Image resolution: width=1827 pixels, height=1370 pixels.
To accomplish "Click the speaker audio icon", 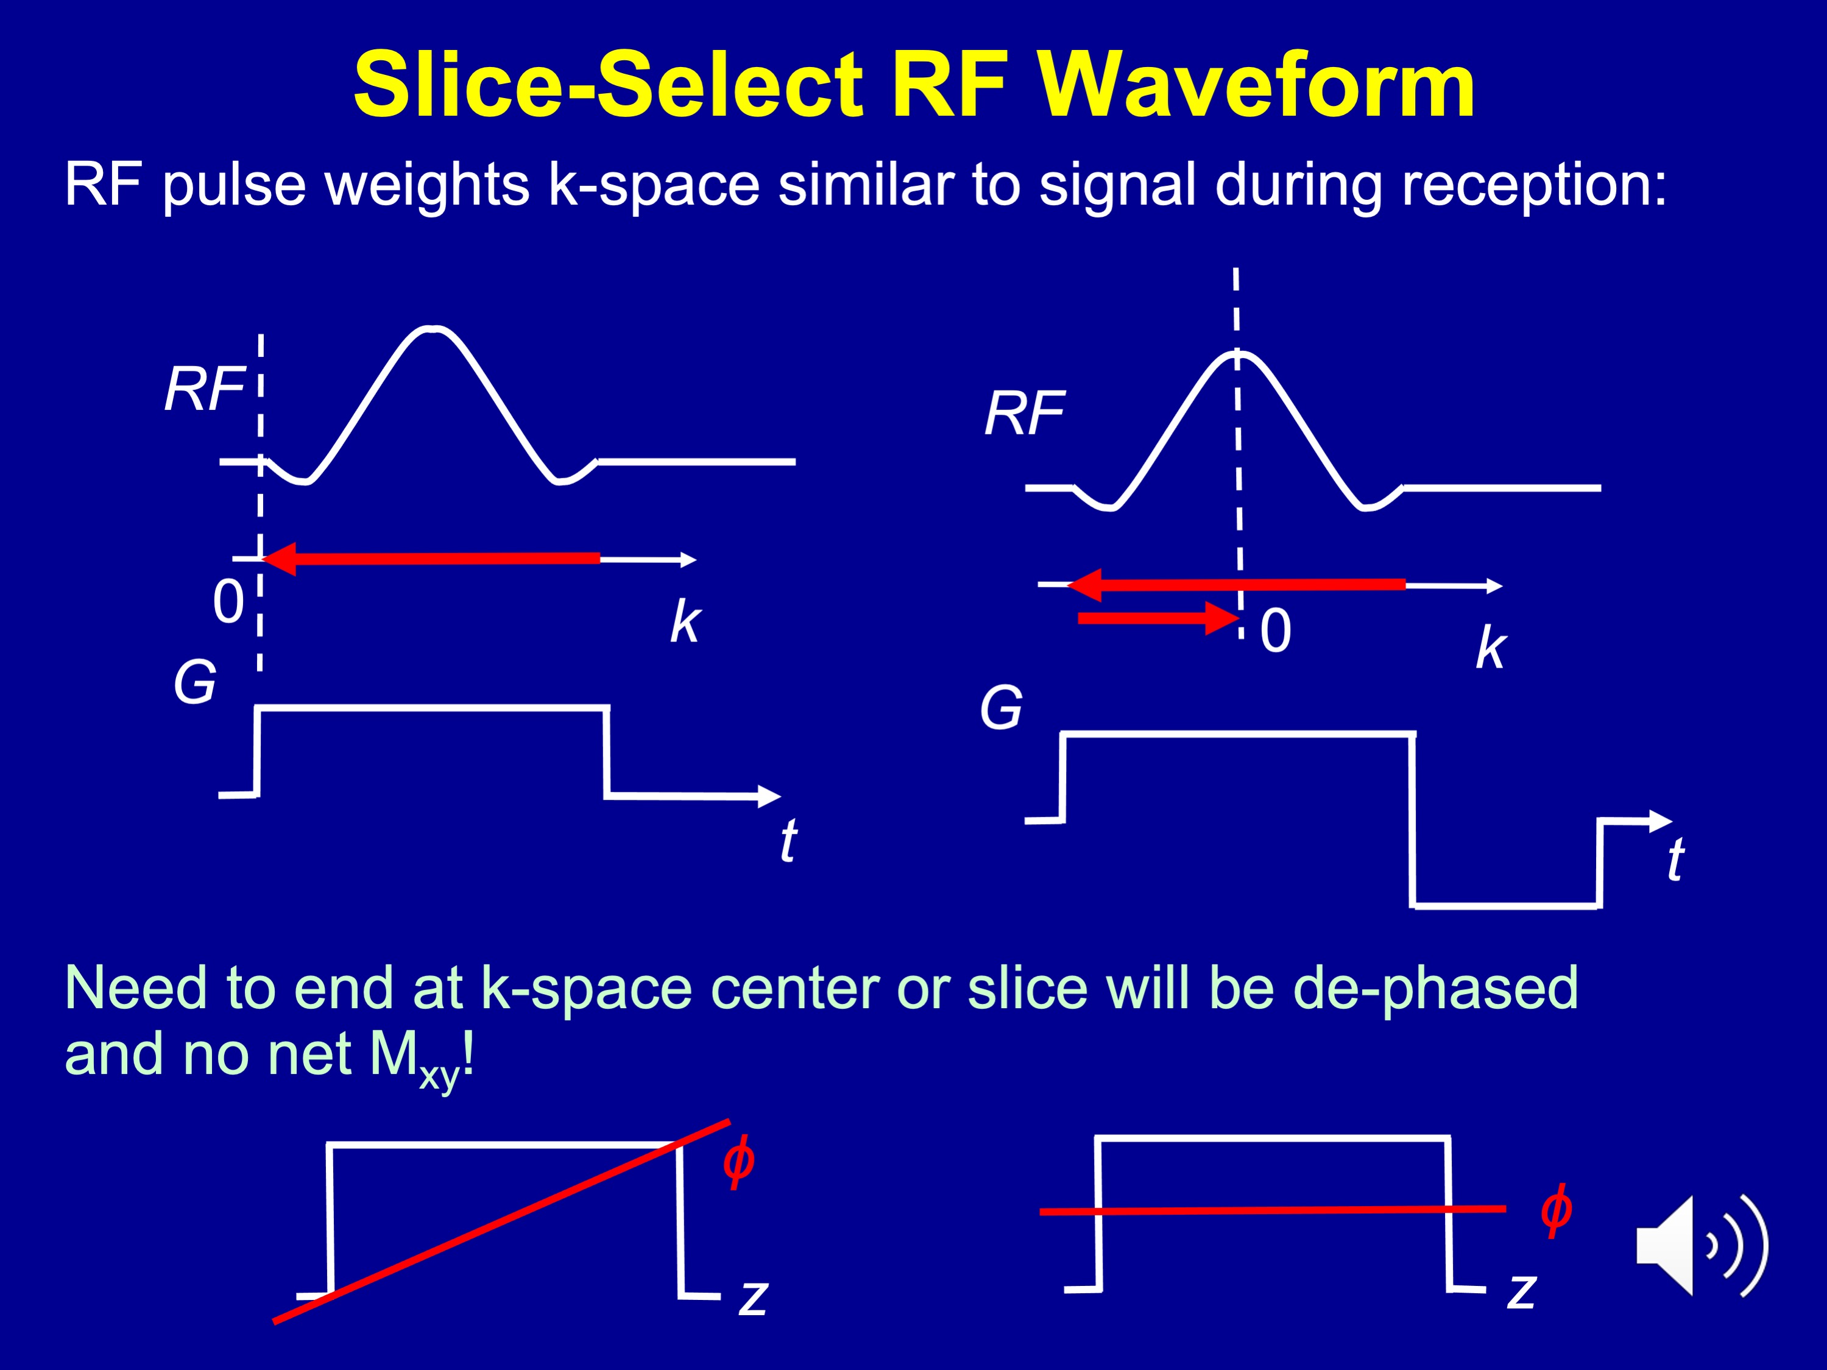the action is (1702, 1246).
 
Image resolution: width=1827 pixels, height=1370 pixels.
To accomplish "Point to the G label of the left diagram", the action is (195, 683).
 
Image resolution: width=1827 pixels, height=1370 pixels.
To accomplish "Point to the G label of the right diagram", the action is (1001, 708).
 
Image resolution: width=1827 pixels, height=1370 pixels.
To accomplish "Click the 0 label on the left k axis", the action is (228, 601).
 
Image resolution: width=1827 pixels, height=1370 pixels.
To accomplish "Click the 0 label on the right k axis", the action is (1275, 631).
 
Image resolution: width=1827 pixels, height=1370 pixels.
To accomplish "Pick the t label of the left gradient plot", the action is (789, 840).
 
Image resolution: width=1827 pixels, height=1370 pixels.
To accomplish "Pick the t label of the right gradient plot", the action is (1675, 860).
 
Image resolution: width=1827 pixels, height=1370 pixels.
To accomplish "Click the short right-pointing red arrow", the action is (1158, 618).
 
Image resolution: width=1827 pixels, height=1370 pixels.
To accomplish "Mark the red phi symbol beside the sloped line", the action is (738, 1162).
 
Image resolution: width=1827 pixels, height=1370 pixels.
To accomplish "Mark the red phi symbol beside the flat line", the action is (1556, 1210).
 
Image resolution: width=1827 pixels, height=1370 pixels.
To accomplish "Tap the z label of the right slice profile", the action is (1521, 1291).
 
